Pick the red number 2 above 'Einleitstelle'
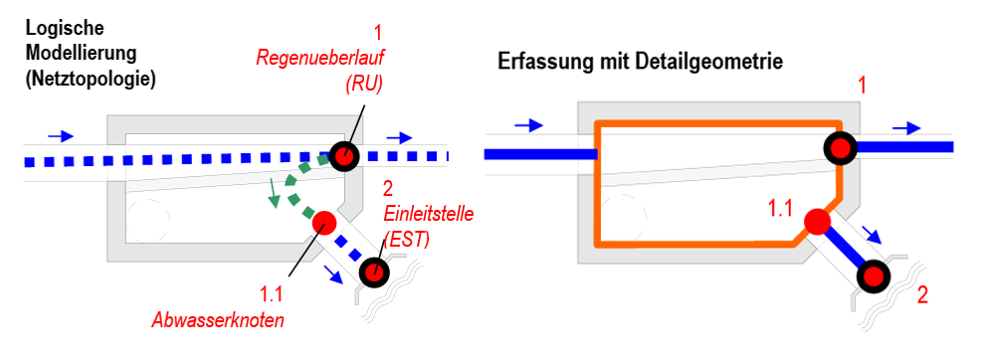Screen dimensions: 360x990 [387, 187]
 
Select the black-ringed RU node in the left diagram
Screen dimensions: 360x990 [343, 156]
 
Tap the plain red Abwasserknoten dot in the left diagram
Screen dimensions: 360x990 [322, 223]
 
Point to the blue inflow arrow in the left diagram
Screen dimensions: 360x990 [60, 135]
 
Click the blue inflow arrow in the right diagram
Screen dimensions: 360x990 [529, 124]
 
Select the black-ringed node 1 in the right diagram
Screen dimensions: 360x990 [840, 148]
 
